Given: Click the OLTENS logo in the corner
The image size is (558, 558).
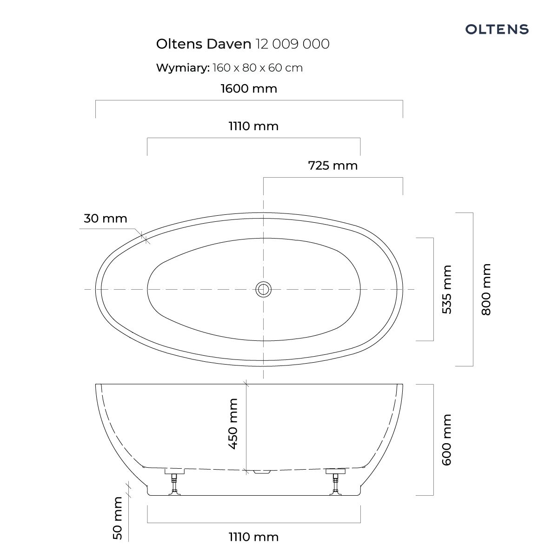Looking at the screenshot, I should click(x=497, y=29).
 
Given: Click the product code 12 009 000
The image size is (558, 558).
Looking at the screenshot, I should click(x=292, y=44).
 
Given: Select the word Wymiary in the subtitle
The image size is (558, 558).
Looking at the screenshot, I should click(x=182, y=68).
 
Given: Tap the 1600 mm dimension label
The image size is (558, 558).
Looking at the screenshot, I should click(x=249, y=88).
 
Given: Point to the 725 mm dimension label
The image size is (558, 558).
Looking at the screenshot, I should click(x=333, y=165).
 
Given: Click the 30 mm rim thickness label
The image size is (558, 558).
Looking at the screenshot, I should click(x=105, y=218).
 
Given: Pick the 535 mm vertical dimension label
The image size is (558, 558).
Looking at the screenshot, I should click(x=446, y=289).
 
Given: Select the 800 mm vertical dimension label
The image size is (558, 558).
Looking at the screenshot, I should click(x=486, y=289).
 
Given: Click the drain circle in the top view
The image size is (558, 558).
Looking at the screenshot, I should click(x=263, y=289).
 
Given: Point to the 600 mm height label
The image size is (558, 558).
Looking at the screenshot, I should click(x=446, y=439).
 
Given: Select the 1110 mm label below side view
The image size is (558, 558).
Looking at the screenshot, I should click(x=253, y=537).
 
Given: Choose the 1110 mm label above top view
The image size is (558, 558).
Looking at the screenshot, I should click(x=253, y=126).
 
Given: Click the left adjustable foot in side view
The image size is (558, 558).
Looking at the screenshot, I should click(x=174, y=481).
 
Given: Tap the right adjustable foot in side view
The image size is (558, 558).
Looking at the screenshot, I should click(x=336, y=481).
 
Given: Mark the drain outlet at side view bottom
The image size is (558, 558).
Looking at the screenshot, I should click(x=263, y=472).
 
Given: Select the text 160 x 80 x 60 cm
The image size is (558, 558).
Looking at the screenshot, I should click(x=258, y=68).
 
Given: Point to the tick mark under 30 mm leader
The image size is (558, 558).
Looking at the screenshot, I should click(x=145, y=239).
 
